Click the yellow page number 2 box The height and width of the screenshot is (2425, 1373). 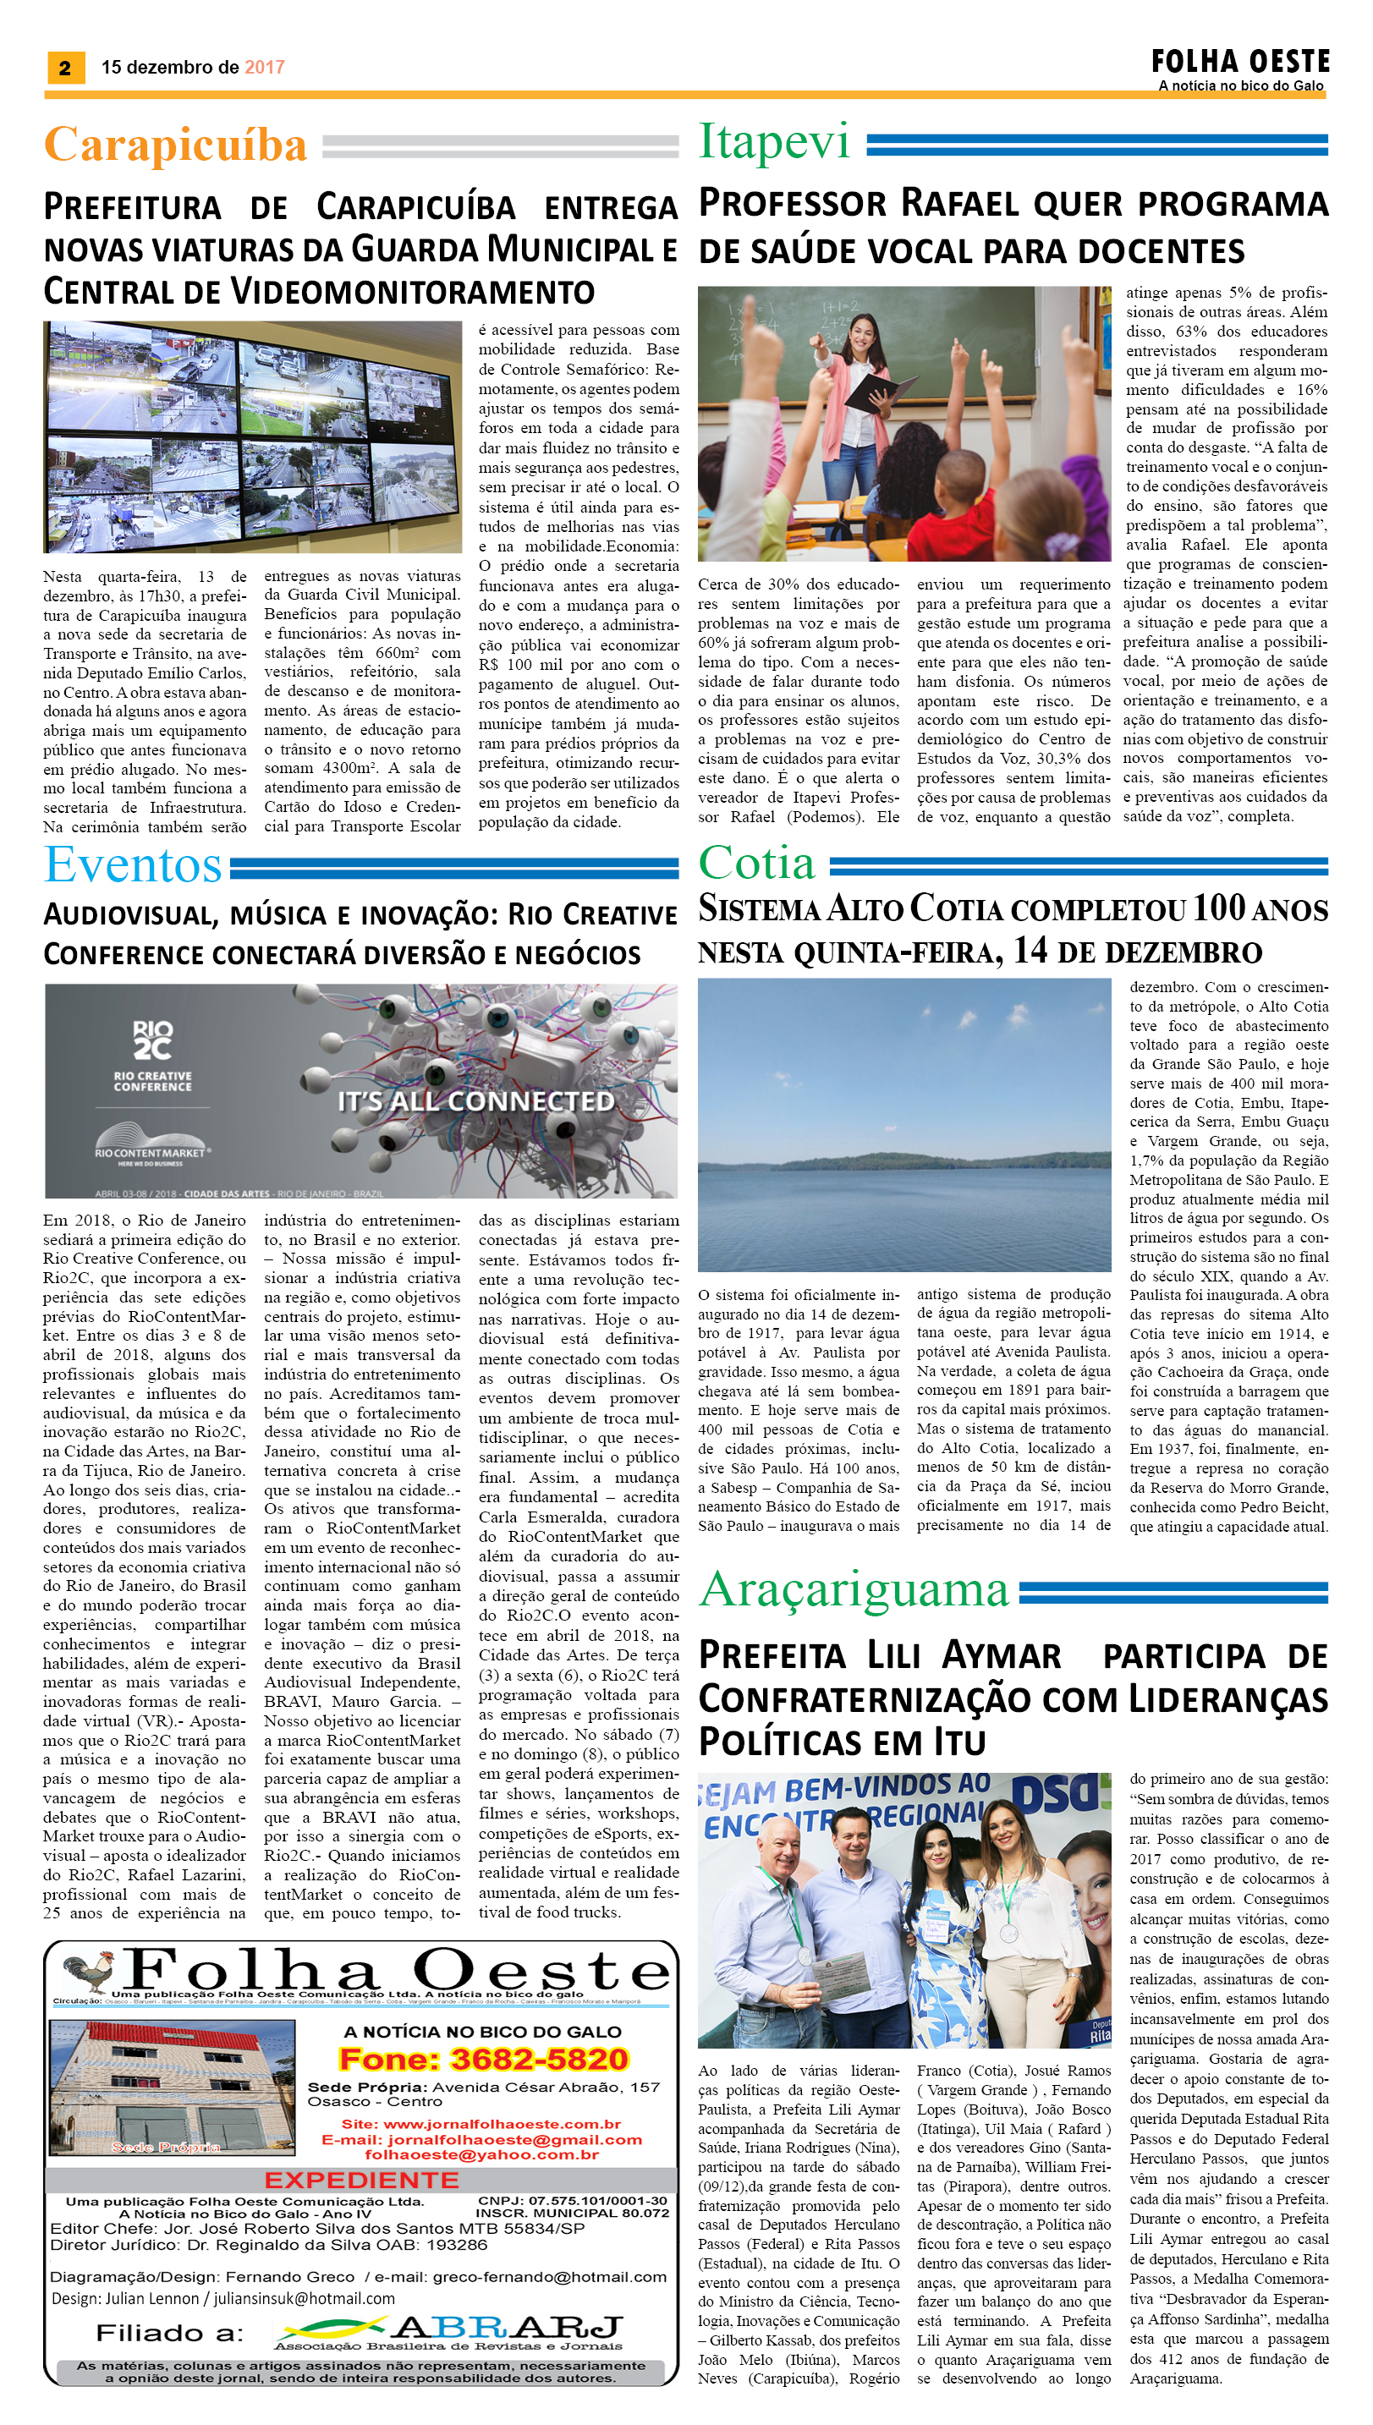tap(65, 67)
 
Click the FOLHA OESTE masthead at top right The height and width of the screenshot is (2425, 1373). tap(1239, 63)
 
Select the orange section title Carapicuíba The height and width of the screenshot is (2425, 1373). tap(175, 145)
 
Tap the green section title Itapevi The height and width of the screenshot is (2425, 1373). tap(773, 142)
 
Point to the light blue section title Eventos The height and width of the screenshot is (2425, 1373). tap(133, 864)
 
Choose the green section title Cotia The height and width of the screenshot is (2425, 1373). tap(756, 863)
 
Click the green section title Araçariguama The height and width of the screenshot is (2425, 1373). tap(854, 1589)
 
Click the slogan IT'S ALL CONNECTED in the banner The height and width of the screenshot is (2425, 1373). tap(475, 1101)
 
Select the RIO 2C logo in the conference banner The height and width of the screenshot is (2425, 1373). tap(151, 1040)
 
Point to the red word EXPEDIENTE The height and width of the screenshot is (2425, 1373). tap(361, 2180)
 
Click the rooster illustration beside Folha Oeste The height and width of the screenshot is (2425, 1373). tap(88, 1972)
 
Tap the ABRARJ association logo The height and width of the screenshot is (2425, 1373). tap(453, 2329)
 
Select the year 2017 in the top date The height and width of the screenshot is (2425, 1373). tap(264, 67)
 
